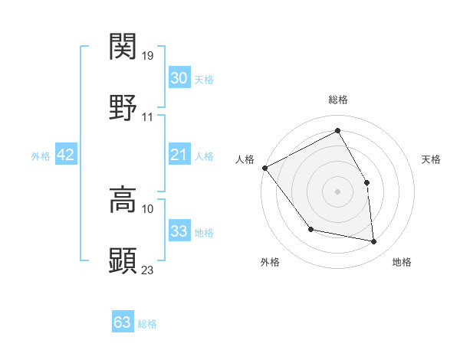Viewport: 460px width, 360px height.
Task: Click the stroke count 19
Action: pos(149,56)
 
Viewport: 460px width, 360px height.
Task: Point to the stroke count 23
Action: pos(148,270)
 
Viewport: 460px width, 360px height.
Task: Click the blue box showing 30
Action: pos(179,77)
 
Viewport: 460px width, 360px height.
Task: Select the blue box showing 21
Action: pos(179,155)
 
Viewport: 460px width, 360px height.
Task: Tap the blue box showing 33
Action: pos(179,231)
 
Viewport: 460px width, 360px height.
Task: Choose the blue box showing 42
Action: pos(66,155)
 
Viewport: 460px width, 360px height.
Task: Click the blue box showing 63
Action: pos(123,322)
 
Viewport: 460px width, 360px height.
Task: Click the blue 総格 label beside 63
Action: pos(147,324)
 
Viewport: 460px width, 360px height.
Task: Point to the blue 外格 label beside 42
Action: pos(41,155)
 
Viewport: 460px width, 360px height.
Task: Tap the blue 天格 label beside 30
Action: pos(203,79)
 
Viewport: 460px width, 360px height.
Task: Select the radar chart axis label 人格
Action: pos(245,159)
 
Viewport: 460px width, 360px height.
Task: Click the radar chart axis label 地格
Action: pos(402,263)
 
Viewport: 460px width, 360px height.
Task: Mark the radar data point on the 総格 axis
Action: pos(337,130)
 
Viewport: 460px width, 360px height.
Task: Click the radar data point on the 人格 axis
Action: pos(264,168)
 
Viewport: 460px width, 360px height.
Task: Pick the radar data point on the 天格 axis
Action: pos(367,182)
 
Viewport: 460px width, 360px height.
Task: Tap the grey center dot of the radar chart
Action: pos(337,191)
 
